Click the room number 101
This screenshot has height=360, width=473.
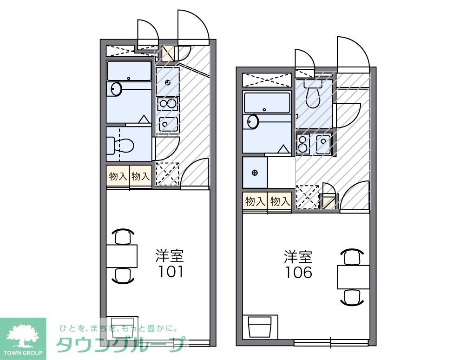pos(170,271)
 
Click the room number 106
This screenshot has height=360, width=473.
pos(299,272)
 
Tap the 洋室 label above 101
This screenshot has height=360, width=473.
pos(170,256)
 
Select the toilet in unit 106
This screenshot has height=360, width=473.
pos(314,95)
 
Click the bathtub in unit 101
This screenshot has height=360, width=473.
pos(129,72)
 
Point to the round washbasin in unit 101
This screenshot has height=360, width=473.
pos(115,89)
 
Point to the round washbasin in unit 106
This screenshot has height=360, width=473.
pos(252,122)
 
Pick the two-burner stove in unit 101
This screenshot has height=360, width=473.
pos(167,103)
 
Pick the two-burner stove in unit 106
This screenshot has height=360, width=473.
pos(303,144)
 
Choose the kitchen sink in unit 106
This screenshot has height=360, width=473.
pos(323,144)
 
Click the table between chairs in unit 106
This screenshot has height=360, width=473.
pos(353,277)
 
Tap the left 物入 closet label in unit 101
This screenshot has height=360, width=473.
pos(118,176)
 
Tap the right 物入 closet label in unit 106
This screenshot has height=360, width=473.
pos(280,201)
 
